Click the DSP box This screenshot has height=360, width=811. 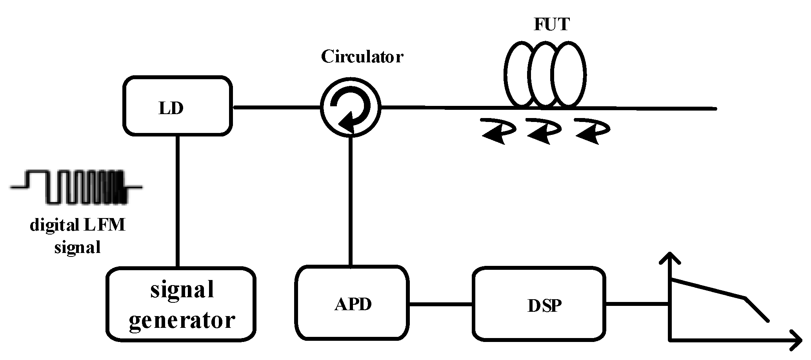pyautogui.click(x=539, y=304)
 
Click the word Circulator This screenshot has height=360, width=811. pyautogui.click(x=362, y=57)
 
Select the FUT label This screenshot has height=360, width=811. pyautogui.click(x=551, y=24)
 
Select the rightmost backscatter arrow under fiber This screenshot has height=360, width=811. pyautogui.click(x=592, y=131)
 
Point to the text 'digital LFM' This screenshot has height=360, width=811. pyautogui.click(x=78, y=226)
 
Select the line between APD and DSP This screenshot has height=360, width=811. pyautogui.click(x=440, y=304)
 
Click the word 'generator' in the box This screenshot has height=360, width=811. pyautogui.click(x=182, y=320)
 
